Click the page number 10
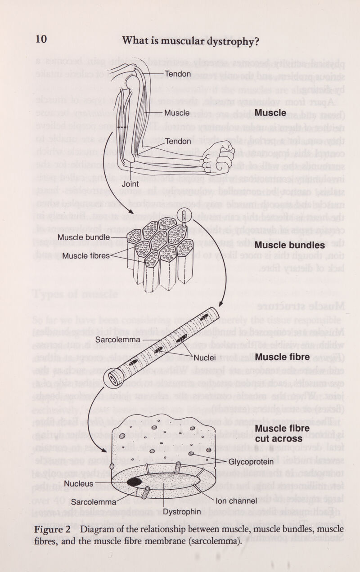tap(40, 39)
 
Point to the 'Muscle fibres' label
tap(86, 256)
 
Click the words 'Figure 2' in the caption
tap(53, 528)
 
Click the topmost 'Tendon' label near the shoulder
tap(178, 74)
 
